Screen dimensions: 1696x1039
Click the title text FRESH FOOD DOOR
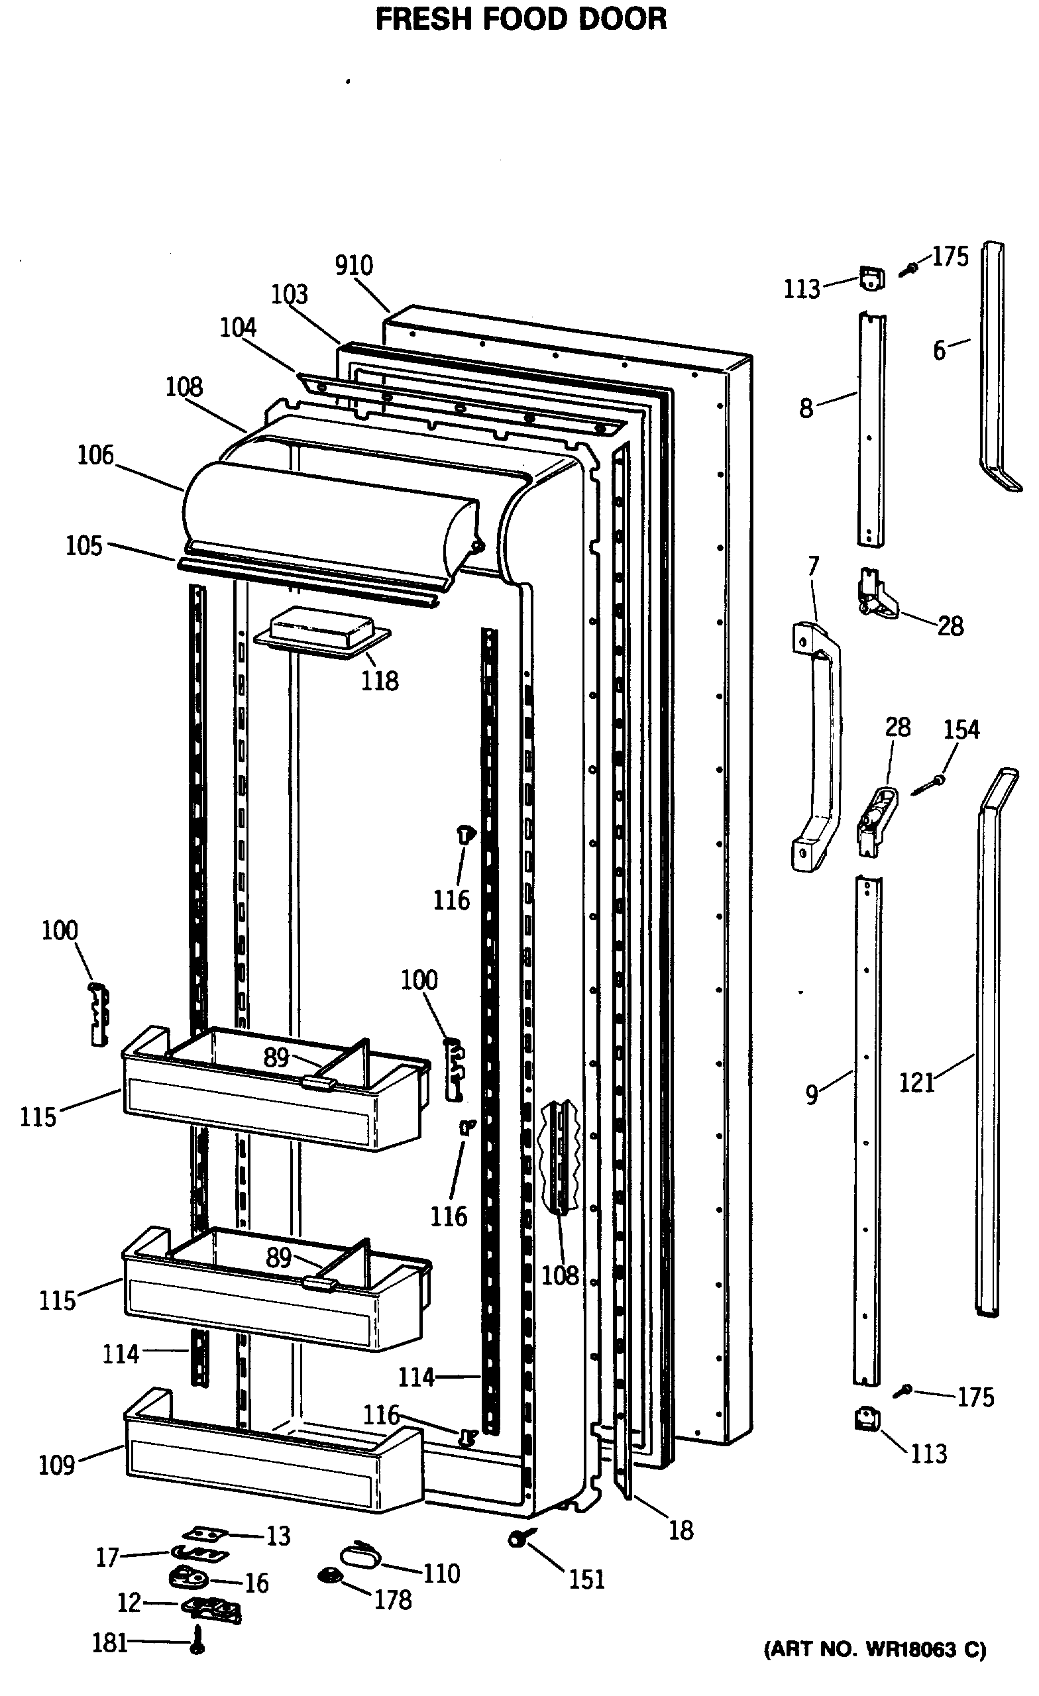coord(521,20)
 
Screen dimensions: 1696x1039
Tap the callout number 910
coord(354,266)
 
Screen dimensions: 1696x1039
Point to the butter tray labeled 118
coord(322,631)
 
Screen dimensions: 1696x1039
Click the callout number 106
coord(95,455)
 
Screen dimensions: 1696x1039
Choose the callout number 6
coord(940,350)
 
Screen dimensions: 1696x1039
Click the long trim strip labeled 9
coord(867,1129)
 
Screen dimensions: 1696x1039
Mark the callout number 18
coord(681,1530)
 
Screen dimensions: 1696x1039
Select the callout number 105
coord(84,546)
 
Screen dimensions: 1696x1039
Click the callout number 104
coord(239,328)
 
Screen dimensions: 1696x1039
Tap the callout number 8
coord(806,408)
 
